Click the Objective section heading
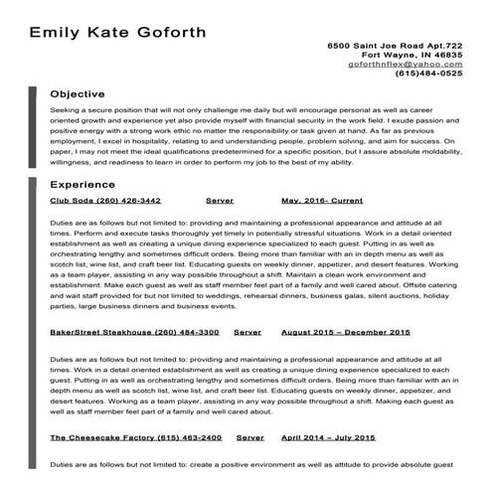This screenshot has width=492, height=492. (78, 93)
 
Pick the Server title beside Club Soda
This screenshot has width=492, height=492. (220, 200)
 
